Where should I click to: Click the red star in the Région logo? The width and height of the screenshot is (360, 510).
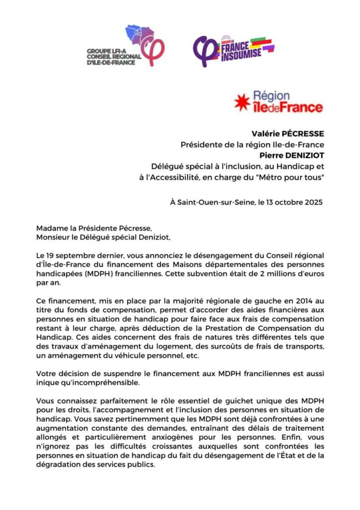242,103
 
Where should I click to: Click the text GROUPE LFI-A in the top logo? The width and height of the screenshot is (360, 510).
106,51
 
